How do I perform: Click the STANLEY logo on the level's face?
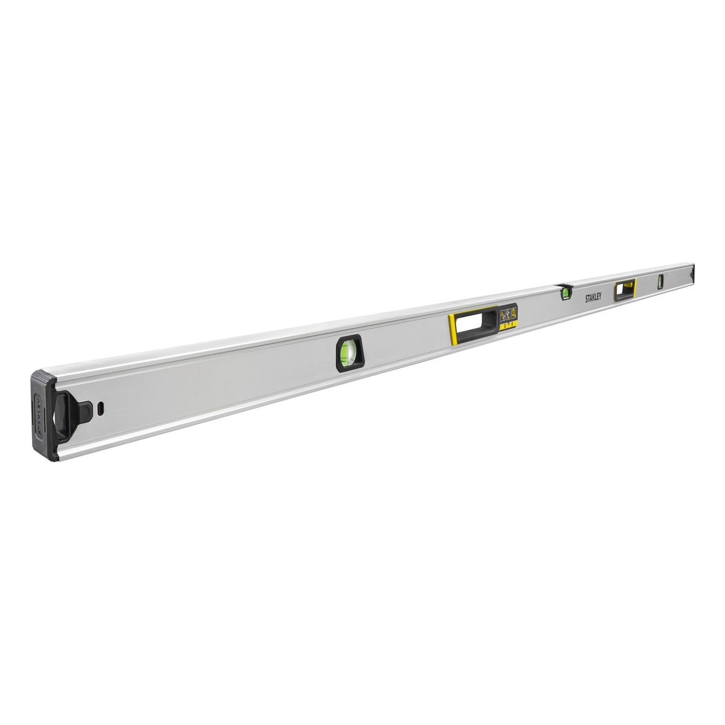coord(598,297)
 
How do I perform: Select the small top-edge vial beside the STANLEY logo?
coord(566,292)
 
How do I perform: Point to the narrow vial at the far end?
coord(660,281)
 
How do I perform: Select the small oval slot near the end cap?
coord(101,407)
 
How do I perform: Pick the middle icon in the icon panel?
coord(508,314)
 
